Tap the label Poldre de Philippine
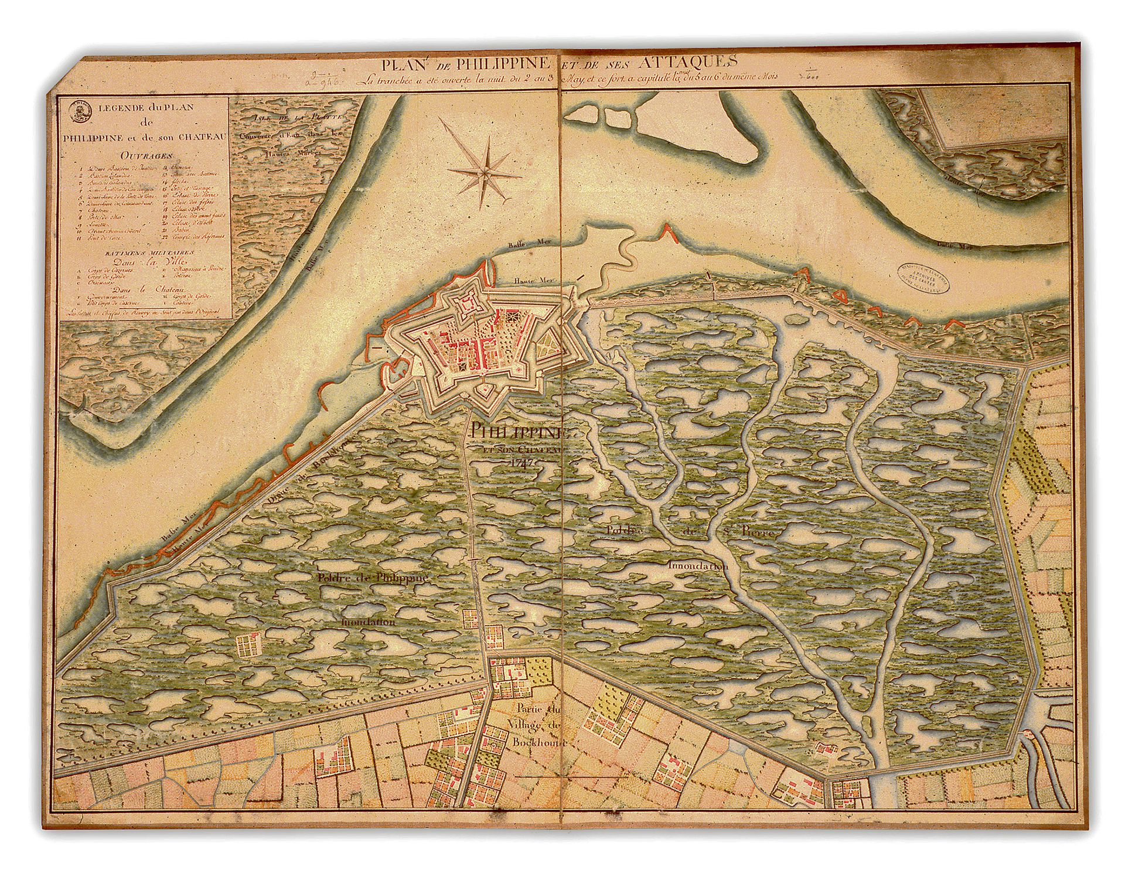click(373, 578)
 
